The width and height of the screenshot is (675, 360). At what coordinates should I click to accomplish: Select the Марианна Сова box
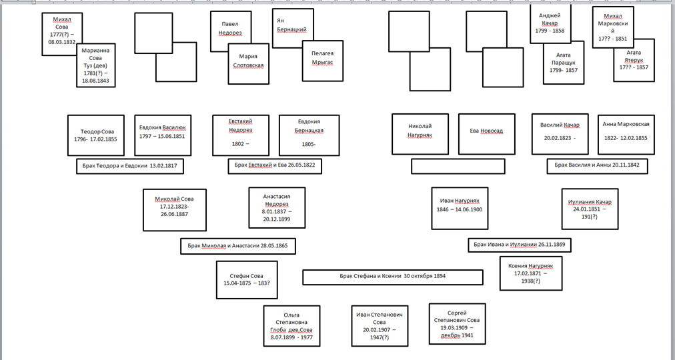[x=96, y=65]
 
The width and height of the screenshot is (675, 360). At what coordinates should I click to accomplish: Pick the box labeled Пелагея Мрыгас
[x=322, y=61]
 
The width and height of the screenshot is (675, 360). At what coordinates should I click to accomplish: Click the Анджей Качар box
[x=550, y=23]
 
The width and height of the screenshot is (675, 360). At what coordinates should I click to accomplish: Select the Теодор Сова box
[x=96, y=135]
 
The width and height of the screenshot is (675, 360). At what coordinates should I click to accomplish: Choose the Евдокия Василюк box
[x=163, y=135]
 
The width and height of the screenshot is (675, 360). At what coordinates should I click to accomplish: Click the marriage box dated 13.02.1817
[x=130, y=166]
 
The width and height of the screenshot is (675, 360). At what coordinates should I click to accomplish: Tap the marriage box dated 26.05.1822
[x=275, y=166]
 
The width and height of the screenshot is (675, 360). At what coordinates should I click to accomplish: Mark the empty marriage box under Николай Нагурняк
[x=458, y=166]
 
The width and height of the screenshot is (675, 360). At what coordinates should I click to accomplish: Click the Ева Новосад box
[x=486, y=134]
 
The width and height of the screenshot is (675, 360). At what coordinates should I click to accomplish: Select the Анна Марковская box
[x=626, y=134]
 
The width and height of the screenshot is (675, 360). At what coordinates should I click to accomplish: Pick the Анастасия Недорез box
[x=277, y=207]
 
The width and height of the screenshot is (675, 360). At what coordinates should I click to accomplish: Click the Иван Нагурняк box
[x=460, y=208]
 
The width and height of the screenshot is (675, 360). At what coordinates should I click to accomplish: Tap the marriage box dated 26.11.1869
[x=520, y=245]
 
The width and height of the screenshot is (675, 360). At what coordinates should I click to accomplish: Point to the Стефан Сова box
[x=247, y=279]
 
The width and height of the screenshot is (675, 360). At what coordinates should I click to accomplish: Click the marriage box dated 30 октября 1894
[x=393, y=277]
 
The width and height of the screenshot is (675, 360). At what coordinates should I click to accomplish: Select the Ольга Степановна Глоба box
[x=292, y=326]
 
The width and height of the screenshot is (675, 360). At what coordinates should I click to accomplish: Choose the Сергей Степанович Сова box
[x=457, y=323]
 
